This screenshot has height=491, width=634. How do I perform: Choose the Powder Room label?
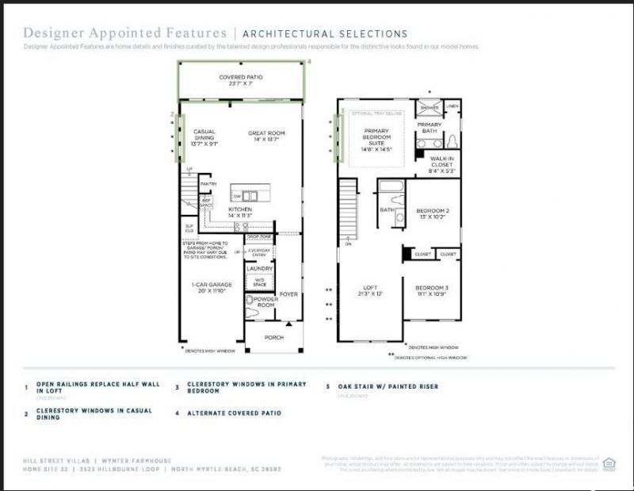265,302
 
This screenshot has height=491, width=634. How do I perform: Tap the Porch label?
273,337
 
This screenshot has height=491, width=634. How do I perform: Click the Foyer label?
288,293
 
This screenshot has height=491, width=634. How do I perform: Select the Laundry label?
260,268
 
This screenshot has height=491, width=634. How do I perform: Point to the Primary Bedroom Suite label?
377,139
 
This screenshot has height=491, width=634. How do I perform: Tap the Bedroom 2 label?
433,213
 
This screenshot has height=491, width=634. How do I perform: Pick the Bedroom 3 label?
432,291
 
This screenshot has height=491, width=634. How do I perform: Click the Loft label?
370,291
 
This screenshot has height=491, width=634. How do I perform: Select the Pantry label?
208,183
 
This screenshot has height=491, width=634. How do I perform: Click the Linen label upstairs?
452,106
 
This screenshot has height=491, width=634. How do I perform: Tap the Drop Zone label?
259,237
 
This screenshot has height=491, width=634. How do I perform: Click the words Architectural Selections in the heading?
325,33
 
